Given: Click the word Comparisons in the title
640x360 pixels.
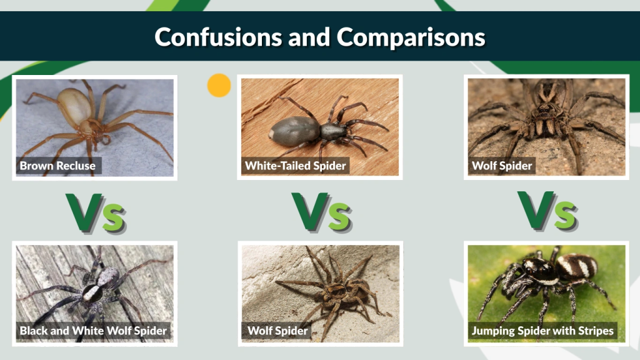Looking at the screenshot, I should (411, 37).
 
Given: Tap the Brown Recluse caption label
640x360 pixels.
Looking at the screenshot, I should (57, 166).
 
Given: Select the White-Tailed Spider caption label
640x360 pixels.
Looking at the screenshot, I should (296, 166).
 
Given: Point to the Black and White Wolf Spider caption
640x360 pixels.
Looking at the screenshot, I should (94, 330).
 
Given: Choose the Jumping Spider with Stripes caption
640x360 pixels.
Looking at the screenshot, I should (543, 330).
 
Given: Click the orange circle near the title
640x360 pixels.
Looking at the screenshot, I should (219, 86).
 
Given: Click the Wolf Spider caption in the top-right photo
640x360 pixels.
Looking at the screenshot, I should (502, 166).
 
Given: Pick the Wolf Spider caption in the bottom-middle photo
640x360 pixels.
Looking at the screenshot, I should (277, 330).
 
